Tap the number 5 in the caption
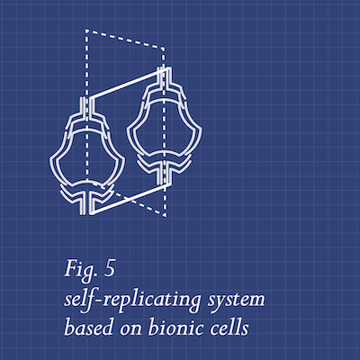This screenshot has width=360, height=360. point(110,269)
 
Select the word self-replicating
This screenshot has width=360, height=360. point(132,300)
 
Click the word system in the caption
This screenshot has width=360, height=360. point(237,301)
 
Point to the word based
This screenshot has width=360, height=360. point(89,327)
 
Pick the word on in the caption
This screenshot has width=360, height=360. point(130,329)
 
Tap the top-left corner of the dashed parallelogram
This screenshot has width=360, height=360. point(85,30)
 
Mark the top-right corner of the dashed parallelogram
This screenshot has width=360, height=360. point(164,48)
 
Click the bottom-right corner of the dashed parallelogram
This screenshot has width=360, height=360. point(166,216)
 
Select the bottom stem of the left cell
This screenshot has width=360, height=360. point(87,204)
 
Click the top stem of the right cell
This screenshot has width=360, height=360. point(164,76)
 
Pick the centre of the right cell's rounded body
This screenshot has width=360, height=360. point(164,129)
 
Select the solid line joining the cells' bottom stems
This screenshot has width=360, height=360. point(130,199)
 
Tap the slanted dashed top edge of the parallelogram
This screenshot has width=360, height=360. point(124,39)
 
